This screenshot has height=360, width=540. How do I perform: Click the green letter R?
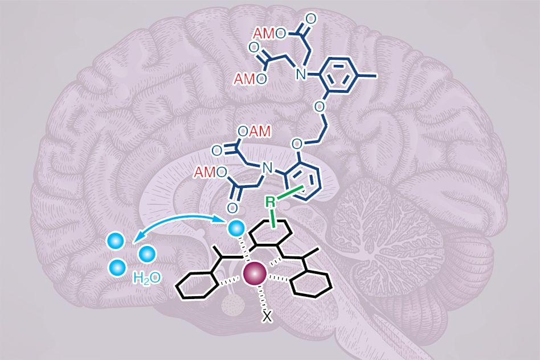[x=272, y=201]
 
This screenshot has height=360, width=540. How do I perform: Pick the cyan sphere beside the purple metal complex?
[x=235, y=228]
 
